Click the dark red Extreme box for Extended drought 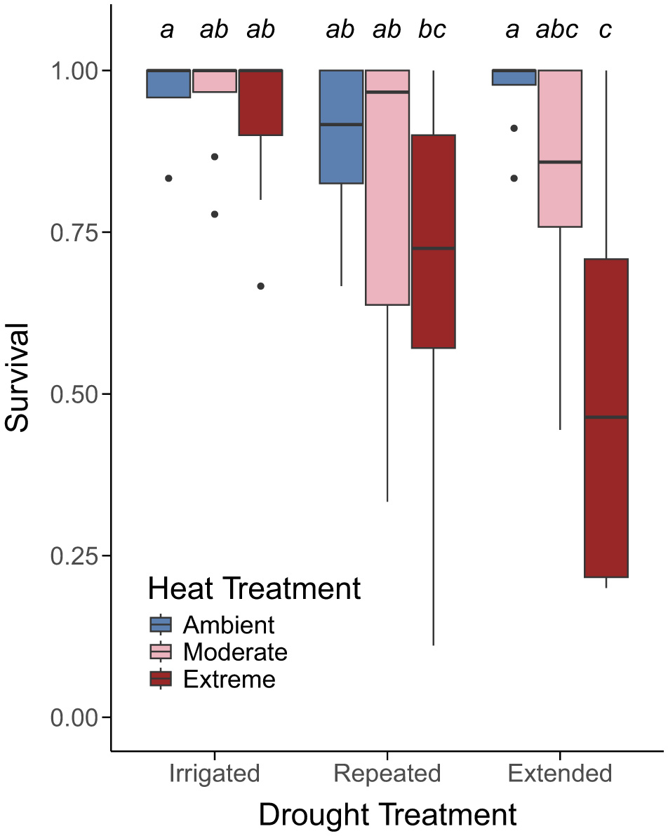pos(606,417)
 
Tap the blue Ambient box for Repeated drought pos(342,126)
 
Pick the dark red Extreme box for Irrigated pos(260,102)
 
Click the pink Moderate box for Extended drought pos(560,148)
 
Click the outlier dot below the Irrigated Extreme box pos(260,286)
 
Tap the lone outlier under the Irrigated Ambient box pos(168,178)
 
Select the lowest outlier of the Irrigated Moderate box pos(215,215)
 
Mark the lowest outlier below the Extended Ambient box pos(514,178)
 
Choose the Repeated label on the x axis pos(387,774)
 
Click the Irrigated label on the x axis pos(215,774)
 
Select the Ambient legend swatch pos(161,624)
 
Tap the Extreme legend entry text pos(229,680)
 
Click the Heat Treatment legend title pos(254,588)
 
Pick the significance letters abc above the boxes pos(557,30)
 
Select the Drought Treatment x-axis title pos(387,815)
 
